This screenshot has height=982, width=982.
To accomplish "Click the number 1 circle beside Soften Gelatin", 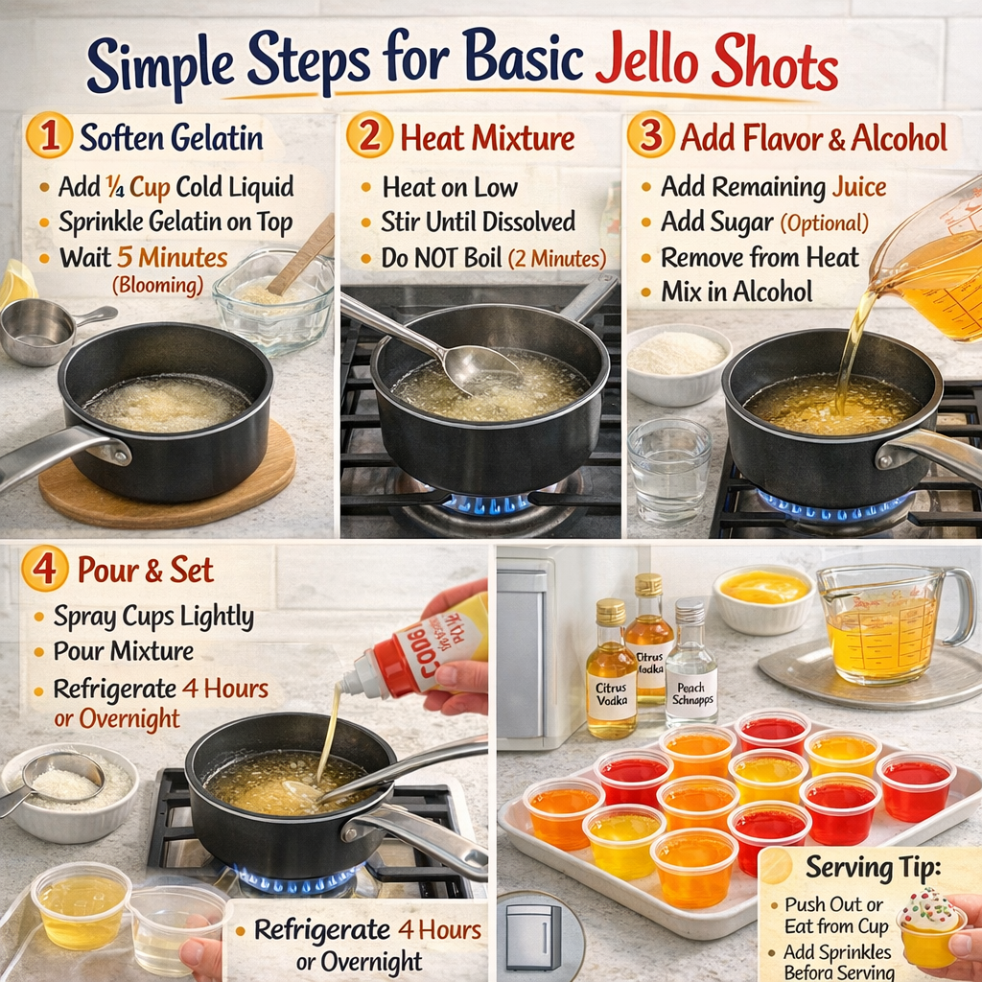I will point(49,137).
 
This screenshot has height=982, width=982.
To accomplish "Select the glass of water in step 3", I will point(669,470).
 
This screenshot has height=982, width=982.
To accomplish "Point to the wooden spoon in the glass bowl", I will point(302,254).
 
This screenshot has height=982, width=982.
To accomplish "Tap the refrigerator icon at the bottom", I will point(533,936).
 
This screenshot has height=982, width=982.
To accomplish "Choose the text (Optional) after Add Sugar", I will point(824,223).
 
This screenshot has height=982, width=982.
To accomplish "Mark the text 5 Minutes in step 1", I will point(172,257).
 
